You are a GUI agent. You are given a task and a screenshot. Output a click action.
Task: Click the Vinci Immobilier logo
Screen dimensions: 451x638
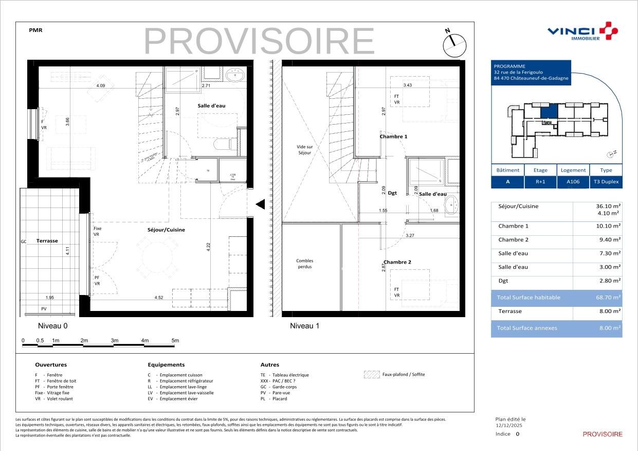pyautogui.click(x=582, y=31)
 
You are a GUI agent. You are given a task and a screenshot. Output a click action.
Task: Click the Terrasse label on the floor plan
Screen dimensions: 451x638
pyautogui.click(x=47, y=240)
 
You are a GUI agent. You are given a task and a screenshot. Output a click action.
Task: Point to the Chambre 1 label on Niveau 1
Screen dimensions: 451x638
pyautogui.click(x=393, y=136)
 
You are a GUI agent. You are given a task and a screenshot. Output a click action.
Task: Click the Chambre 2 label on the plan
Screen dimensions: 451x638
pyautogui.click(x=397, y=262)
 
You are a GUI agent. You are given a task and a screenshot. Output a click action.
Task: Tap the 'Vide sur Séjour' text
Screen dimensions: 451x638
pyautogui.click(x=305, y=150)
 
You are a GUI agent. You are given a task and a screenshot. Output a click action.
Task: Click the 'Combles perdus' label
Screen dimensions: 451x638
pyautogui.click(x=304, y=264)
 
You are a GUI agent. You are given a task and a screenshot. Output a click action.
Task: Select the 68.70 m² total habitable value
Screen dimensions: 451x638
pyautogui.click(x=608, y=298)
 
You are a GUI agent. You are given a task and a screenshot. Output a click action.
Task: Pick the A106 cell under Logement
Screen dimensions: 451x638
pyautogui.click(x=573, y=182)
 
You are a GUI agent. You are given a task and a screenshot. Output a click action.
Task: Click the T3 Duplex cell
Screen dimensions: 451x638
pyautogui.click(x=606, y=182)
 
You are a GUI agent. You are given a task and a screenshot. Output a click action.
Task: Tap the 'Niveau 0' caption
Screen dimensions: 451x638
pyautogui.click(x=52, y=326)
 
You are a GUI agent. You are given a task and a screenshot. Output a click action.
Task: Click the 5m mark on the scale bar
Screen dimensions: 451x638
pyautogui.click(x=175, y=341)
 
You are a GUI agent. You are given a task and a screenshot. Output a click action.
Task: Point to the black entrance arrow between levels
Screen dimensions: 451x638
pyautogui.click(x=260, y=204)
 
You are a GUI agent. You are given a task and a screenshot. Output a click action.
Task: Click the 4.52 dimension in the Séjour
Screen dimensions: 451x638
pyautogui.click(x=159, y=298)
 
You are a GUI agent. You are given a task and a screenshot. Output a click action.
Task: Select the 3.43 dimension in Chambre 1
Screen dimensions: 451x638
pyautogui.click(x=408, y=85)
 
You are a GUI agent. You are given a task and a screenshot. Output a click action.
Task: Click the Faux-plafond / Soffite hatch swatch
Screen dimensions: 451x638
pyautogui.click(x=371, y=375)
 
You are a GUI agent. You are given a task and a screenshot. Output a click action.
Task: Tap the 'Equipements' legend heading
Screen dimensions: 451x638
pyautogui.click(x=166, y=365)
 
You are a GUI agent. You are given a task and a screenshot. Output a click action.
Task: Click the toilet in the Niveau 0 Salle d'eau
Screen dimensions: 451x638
pyautogui.click(x=223, y=145)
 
